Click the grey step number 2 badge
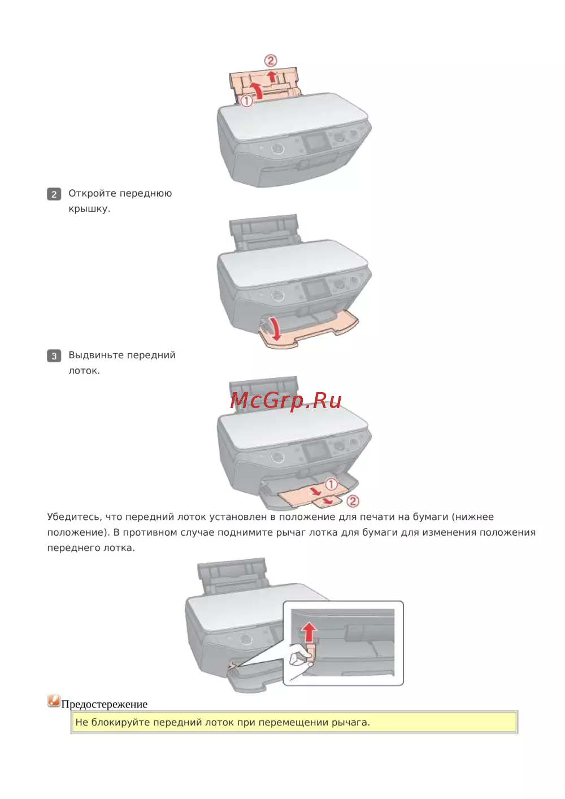pyautogui.click(x=54, y=194)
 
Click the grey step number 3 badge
pyautogui.click(x=54, y=355)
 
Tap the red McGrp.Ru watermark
pyautogui.click(x=286, y=401)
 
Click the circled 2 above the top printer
pyautogui.click(x=271, y=60)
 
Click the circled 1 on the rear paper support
pyautogui.click(x=246, y=101)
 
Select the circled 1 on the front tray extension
pyautogui.click(x=331, y=484)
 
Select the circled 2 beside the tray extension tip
pyautogui.click(x=353, y=501)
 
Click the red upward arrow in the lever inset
pyautogui.click(x=309, y=632)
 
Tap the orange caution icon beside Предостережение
pyautogui.click(x=54, y=701)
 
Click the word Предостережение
pyautogui.click(x=105, y=704)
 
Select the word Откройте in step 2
pyautogui.click(x=93, y=193)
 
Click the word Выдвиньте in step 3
pyautogui.click(x=96, y=355)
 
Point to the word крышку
pyautogui.click(x=89, y=209)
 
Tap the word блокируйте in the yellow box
pyautogui.click(x=120, y=722)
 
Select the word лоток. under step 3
pyautogui.click(x=84, y=371)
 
